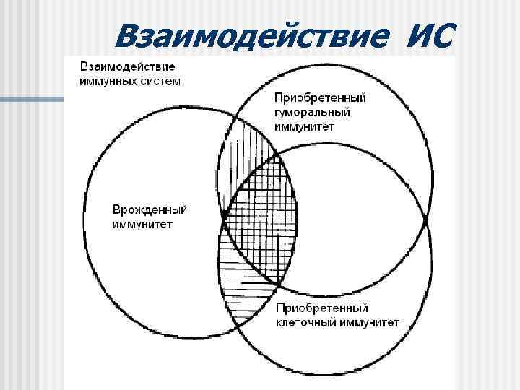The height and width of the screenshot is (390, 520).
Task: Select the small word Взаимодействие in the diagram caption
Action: pos(126,66)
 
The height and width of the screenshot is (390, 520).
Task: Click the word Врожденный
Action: pos(149,210)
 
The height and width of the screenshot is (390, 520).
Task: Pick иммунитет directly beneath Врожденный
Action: pos(142,224)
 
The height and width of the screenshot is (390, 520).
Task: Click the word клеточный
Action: pos(303,322)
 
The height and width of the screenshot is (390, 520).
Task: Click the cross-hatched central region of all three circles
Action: pos(260,217)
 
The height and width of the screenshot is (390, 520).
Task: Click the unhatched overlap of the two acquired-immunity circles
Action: pos(347,217)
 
